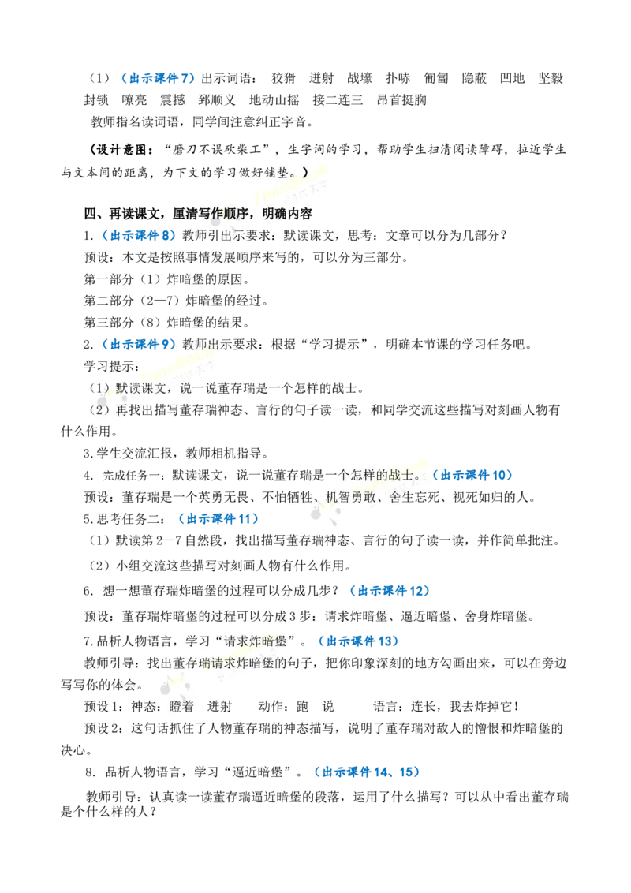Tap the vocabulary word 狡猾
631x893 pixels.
(283, 78)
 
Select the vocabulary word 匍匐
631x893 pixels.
(435, 78)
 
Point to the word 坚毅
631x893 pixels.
(551, 78)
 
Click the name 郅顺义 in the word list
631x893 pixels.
(217, 100)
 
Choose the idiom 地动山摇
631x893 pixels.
(274, 100)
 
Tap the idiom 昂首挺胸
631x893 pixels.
(401, 100)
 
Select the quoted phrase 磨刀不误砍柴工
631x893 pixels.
(217, 150)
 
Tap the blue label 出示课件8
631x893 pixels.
(140, 235)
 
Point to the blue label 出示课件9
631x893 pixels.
(140, 345)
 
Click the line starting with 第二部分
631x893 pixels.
(176, 301)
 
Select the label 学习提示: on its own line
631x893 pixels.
(112, 366)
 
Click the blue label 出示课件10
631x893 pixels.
(472, 475)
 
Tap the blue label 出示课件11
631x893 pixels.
(218, 519)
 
